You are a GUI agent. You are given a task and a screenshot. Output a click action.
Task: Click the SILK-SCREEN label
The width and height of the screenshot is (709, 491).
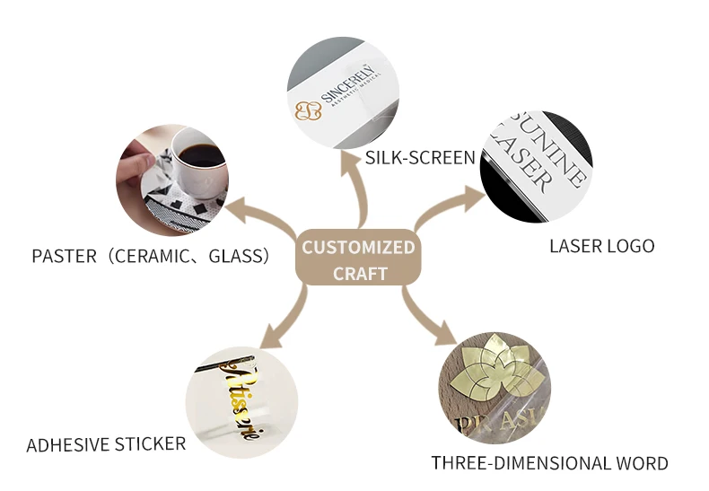point(419,158)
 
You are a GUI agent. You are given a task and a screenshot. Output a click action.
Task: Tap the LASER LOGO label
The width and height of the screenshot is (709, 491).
point(601,245)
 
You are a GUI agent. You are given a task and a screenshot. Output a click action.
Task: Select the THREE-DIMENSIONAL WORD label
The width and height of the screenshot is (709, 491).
point(549,463)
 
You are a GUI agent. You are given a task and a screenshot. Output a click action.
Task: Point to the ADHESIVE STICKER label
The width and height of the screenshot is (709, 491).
point(106,444)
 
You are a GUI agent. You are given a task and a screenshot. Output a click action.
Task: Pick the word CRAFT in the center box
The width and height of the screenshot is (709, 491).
point(359,273)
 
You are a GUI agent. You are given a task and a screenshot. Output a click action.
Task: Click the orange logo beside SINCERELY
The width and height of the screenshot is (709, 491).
point(309,111)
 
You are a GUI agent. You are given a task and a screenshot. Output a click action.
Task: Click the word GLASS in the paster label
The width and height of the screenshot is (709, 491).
point(238,256)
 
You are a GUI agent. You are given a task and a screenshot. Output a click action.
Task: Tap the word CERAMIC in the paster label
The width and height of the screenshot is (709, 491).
point(153,256)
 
